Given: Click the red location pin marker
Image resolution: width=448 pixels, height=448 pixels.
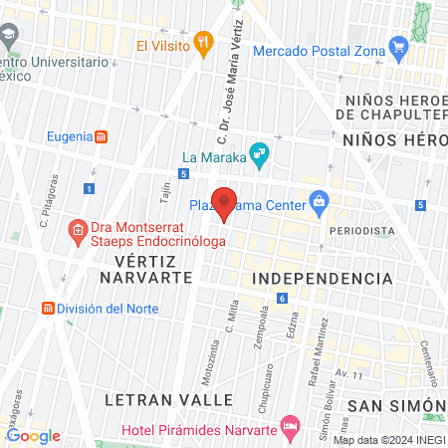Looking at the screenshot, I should [x=225, y=202].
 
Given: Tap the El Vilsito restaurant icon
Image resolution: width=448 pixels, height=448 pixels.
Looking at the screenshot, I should [x=204, y=42].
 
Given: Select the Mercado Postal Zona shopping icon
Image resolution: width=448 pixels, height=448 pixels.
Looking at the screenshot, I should [x=399, y=45].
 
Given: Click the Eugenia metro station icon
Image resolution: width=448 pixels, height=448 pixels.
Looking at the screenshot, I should [x=101, y=136].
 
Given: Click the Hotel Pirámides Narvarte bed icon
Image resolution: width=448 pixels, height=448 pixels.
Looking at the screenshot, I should [x=291, y=429].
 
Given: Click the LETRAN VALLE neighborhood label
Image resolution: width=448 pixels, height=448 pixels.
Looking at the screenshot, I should [x=160, y=399].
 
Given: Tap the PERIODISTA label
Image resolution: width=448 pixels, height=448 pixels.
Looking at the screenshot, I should [x=365, y=230].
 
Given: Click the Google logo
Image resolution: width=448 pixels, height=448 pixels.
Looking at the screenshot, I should [x=33, y=435].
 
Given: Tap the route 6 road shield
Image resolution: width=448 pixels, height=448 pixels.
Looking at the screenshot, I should [x=283, y=298].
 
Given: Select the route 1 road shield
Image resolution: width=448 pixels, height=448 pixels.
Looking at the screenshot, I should [x=90, y=188].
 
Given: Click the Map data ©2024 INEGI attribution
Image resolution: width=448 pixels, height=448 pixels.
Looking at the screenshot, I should [x=389, y=440].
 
